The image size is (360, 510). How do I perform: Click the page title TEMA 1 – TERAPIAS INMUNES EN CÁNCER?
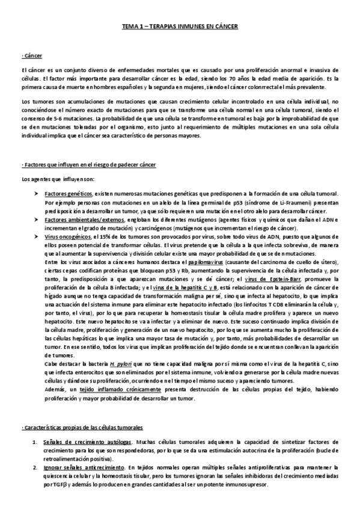[180, 27]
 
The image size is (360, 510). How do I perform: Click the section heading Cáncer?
[31, 56]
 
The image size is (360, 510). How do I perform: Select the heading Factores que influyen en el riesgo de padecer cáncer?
[90, 165]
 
